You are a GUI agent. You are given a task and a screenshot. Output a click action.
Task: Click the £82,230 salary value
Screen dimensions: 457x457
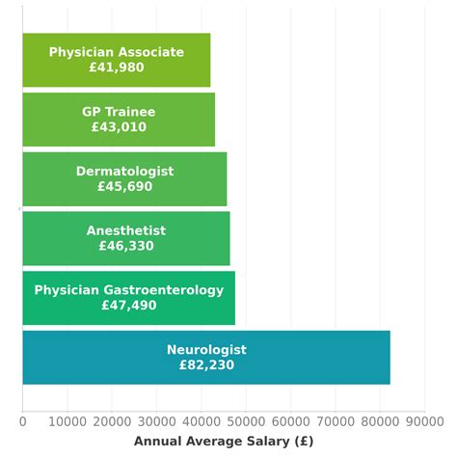pyautogui.click(x=206, y=365)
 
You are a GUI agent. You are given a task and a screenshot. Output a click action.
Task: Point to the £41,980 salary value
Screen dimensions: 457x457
pyautogui.click(x=117, y=68)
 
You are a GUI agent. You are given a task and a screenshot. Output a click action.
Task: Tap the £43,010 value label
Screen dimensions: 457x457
pyautogui.click(x=119, y=127)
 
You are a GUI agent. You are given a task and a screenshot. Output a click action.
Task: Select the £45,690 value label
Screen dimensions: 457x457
pyautogui.click(x=124, y=187)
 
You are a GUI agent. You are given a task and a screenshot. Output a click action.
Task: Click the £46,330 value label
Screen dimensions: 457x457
pyautogui.click(x=126, y=246)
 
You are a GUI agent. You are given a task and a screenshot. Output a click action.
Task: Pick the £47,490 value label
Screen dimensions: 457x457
pyautogui.click(x=128, y=306)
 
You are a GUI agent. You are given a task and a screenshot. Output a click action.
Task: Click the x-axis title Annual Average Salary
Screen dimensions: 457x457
pyautogui.click(x=224, y=441)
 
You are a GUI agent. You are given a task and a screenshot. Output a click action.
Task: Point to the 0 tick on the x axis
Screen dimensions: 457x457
pyautogui.click(x=23, y=420)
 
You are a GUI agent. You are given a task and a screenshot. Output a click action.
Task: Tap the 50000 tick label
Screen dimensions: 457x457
pyautogui.click(x=246, y=420)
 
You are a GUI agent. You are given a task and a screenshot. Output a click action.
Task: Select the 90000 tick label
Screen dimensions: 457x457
pyautogui.click(x=424, y=420)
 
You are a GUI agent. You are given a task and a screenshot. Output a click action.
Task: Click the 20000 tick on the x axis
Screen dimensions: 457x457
pyautogui.click(x=112, y=420)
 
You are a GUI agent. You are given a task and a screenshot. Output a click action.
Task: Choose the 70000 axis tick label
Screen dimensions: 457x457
pyautogui.click(x=335, y=420)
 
